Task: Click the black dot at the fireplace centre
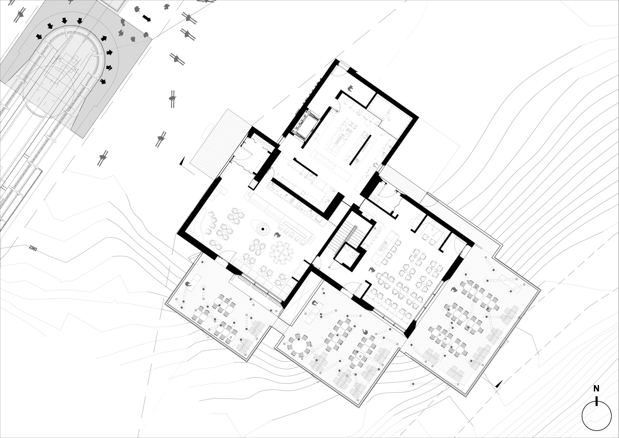point(262,229)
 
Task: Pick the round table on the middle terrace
point(299,345)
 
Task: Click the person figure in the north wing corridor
point(351,89)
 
